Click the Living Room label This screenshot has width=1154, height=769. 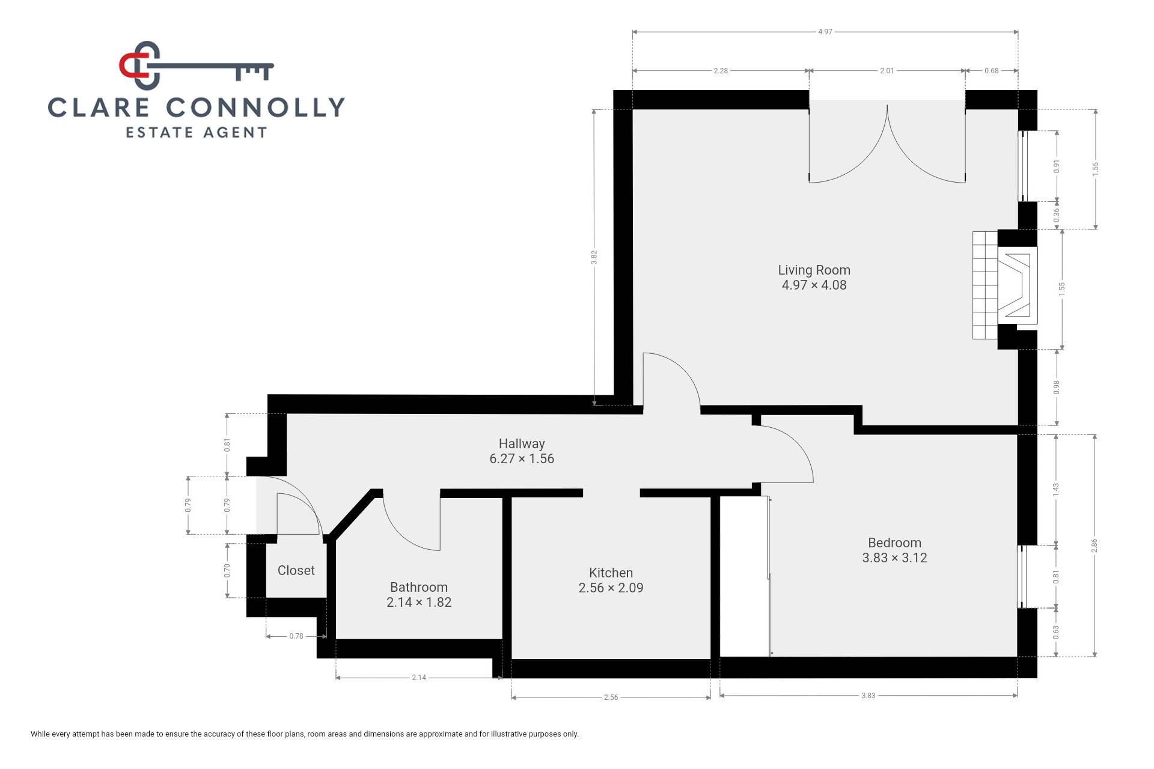pos(814,270)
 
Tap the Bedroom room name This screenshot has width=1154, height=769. pos(894,543)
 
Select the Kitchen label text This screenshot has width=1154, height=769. pos(611,573)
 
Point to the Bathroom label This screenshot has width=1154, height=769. pos(419,587)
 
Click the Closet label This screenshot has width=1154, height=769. pos(296,570)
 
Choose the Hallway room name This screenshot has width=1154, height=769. pos(522,443)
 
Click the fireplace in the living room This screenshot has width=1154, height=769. pos(1005,286)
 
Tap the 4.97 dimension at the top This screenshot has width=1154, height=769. pos(825,32)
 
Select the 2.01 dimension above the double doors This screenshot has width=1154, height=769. pos(887,71)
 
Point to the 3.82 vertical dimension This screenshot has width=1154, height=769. pos(594,257)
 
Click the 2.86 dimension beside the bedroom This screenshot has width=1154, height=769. pos(1094,546)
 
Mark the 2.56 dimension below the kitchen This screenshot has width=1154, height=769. pos(611,698)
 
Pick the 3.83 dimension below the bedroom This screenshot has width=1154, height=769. pos(869,696)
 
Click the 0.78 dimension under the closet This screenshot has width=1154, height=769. pos(296,636)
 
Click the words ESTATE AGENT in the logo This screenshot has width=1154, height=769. pos(196,132)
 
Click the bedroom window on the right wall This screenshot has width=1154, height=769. pos(1022,577)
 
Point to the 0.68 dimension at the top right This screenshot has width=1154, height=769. pos(992,71)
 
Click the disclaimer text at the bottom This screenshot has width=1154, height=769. pos(305,734)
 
